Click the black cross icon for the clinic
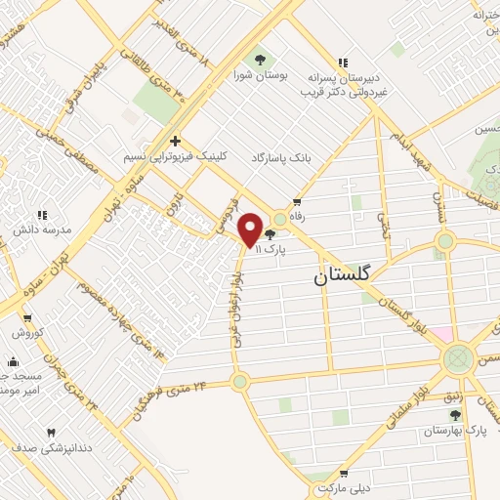tap(175, 140)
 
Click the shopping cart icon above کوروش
tap(27, 318)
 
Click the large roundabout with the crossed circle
tap(457, 359)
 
